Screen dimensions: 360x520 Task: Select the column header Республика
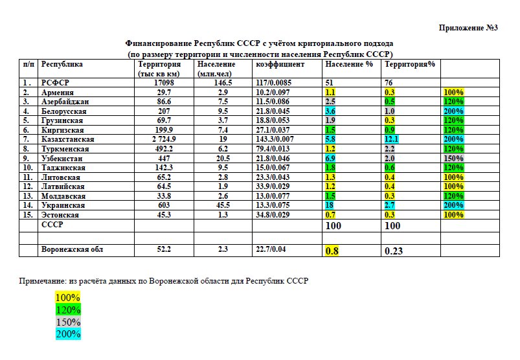62,65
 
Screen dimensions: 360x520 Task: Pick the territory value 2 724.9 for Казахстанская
153,139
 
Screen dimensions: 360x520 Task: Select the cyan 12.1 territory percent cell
391,139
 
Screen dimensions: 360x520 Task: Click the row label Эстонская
60,214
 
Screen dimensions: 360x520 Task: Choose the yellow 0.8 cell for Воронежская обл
332,251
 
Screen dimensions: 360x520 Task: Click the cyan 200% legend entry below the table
68,334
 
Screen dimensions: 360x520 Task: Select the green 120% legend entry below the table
68,309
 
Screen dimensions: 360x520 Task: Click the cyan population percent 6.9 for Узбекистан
331,158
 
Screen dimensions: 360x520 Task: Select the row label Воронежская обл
72,249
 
